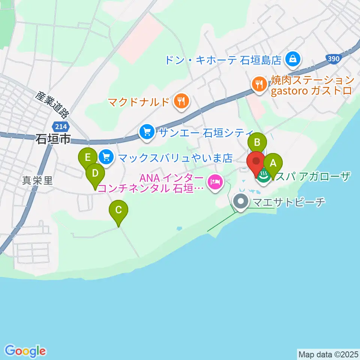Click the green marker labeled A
coord(273,163)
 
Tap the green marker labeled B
coord(257,142)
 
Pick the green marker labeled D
coord(95,174)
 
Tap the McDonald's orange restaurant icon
coord(181,101)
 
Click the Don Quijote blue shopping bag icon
coord(291,58)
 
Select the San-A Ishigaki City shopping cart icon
coord(146,132)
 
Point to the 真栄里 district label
coord(37,181)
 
